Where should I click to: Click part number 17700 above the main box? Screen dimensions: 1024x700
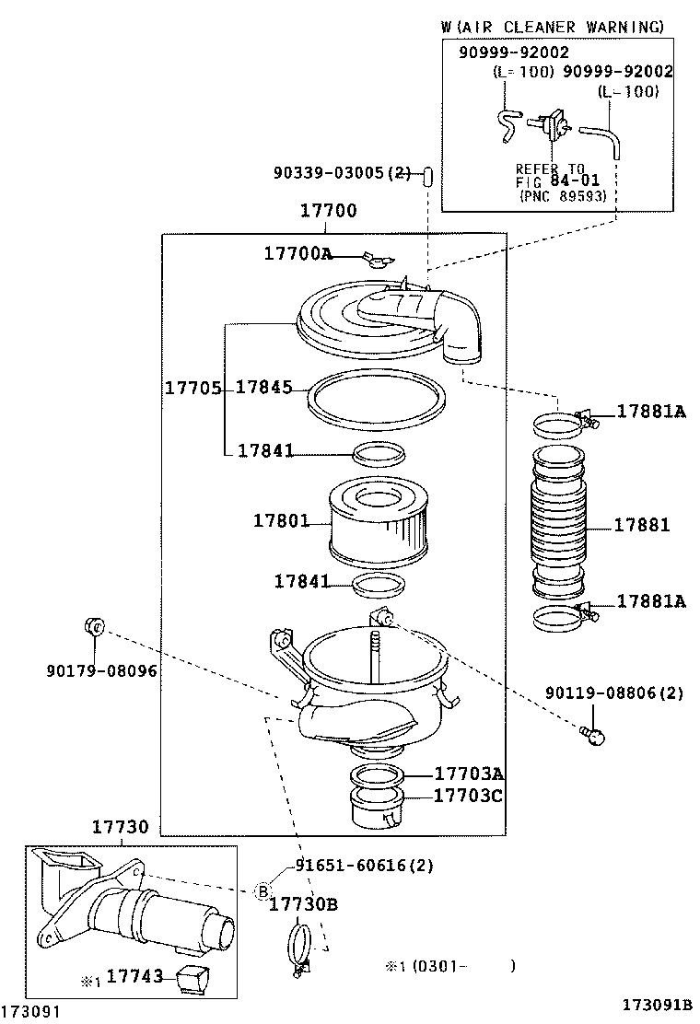click(x=328, y=212)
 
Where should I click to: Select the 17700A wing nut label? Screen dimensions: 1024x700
click(x=297, y=253)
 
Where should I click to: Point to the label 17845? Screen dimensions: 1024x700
click(x=263, y=388)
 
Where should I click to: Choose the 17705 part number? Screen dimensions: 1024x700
click(x=192, y=388)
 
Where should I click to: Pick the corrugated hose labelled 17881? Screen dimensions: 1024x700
click(x=558, y=523)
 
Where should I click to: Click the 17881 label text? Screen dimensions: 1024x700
click(x=642, y=525)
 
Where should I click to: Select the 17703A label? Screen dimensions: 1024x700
click(x=468, y=774)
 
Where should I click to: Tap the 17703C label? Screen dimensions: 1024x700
click(x=468, y=795)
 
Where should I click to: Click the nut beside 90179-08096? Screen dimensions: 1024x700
click(x=93, y=628)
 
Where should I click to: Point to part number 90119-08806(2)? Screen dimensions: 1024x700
click(x=614, y=692)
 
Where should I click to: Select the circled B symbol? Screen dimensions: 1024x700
click(x=262, y=890)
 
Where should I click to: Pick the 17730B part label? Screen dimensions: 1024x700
click(x=303, y=904)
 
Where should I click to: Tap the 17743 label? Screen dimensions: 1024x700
click(x=135, y=975)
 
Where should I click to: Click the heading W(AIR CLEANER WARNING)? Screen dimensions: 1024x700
click(x=552, y=28)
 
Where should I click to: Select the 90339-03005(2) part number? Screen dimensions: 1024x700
click(x=342, y=172)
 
